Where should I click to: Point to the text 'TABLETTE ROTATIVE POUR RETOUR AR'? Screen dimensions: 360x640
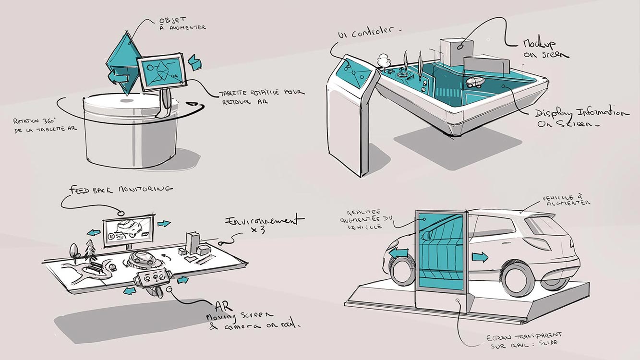262,96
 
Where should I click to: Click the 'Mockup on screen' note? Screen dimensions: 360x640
544,48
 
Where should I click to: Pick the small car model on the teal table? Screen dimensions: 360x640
475,82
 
